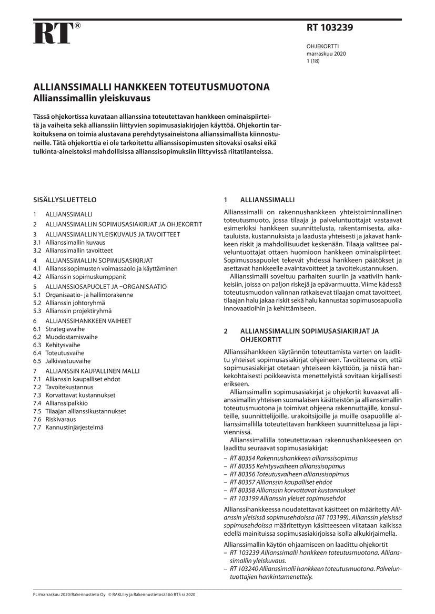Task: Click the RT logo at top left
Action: click(x=53, y=33)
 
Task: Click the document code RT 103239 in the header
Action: click(x=330, y=28)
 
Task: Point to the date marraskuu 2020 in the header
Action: click(x=326, y=54)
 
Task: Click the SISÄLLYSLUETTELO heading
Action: click(x=65, y=200)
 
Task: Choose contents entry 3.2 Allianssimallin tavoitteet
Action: click(x=76, y=251)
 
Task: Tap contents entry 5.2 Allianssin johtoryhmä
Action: click(x=68, y=303)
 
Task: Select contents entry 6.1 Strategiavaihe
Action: click(x=58, y=329)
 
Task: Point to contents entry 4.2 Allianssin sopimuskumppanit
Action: click(x=78, y=276)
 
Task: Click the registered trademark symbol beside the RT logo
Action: click(x=77, y=26)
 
